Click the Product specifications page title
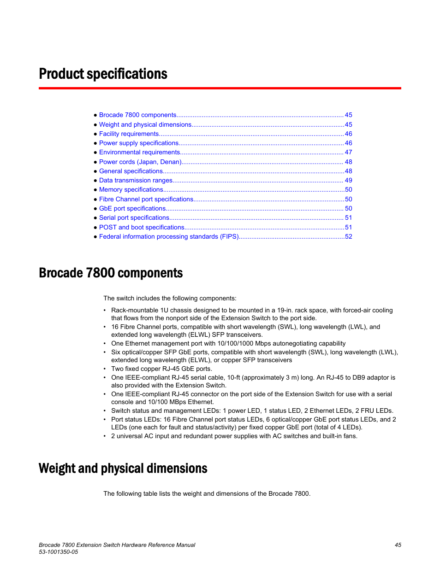pos(103,74)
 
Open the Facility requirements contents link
pos(129,134)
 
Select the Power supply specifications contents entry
pos(138,143)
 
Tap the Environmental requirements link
pos(139,153)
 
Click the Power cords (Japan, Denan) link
pos(140,162)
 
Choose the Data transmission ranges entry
pos(136,181)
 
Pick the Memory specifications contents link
pos(131,190)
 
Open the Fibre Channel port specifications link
pos(146,199)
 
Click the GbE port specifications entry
pos(132,209)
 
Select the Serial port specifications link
pos(134,218)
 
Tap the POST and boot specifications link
pos(142,228)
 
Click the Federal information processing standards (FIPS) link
pos(169,237)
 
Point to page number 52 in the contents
pos(349,237)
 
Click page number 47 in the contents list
pos(349,153)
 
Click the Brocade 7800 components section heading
pos(111,273)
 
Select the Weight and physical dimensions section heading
pos(123,469)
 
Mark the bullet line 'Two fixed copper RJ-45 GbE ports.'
pos(161,369)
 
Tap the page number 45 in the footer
pos(398,545)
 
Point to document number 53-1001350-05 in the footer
pos(59,552)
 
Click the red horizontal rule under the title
pos(220,88)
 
